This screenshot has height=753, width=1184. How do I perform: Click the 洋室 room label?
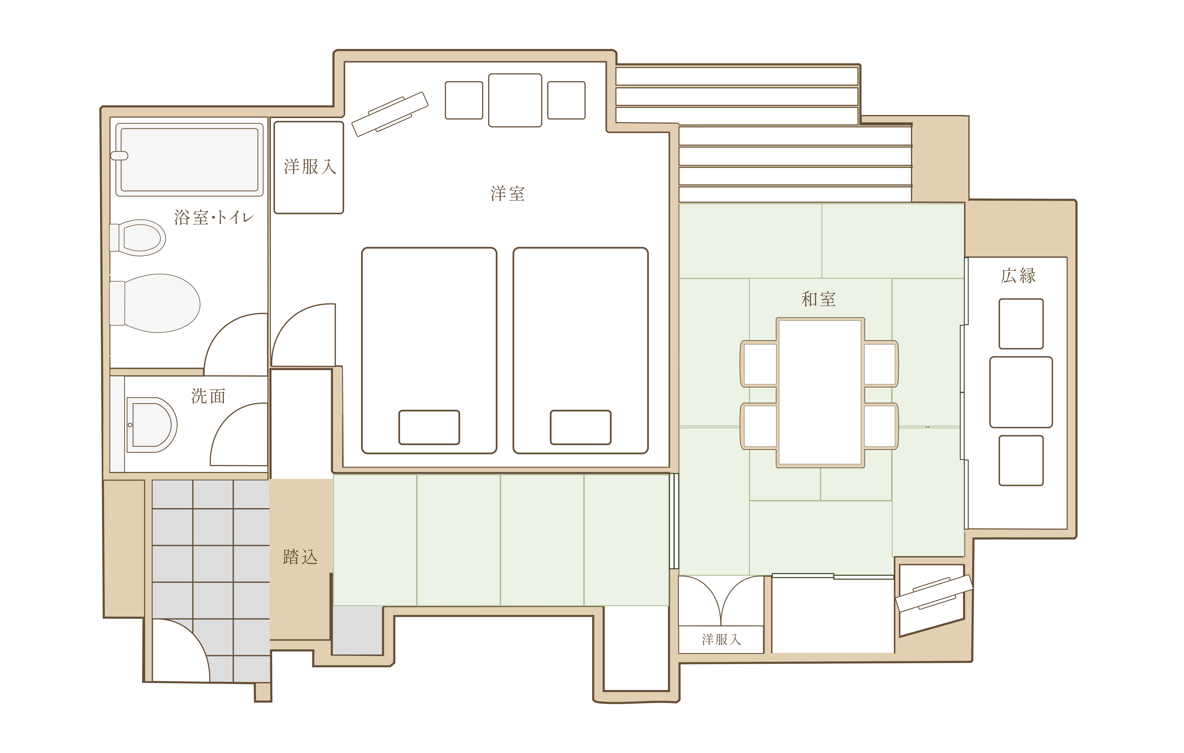pyautogui.click(x=507, y=194)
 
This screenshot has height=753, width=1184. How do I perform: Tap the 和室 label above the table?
pyautogui.click(x=819, y=299)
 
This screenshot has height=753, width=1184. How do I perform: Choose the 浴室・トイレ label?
pyautogui.click(x=214, y=217)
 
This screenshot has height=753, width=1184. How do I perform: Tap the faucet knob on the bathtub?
pyautogui.click(x=119, y=156)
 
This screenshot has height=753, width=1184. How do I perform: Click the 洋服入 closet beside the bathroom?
pyautogui.click(x=309, y=168)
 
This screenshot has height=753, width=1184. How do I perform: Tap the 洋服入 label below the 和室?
pyautogui.click(x=721, y=639)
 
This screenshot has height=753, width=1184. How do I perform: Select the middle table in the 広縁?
pyautogui.click(x=1021, y=392)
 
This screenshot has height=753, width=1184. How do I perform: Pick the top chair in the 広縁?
pyautogui.click(x=1021, y=324)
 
